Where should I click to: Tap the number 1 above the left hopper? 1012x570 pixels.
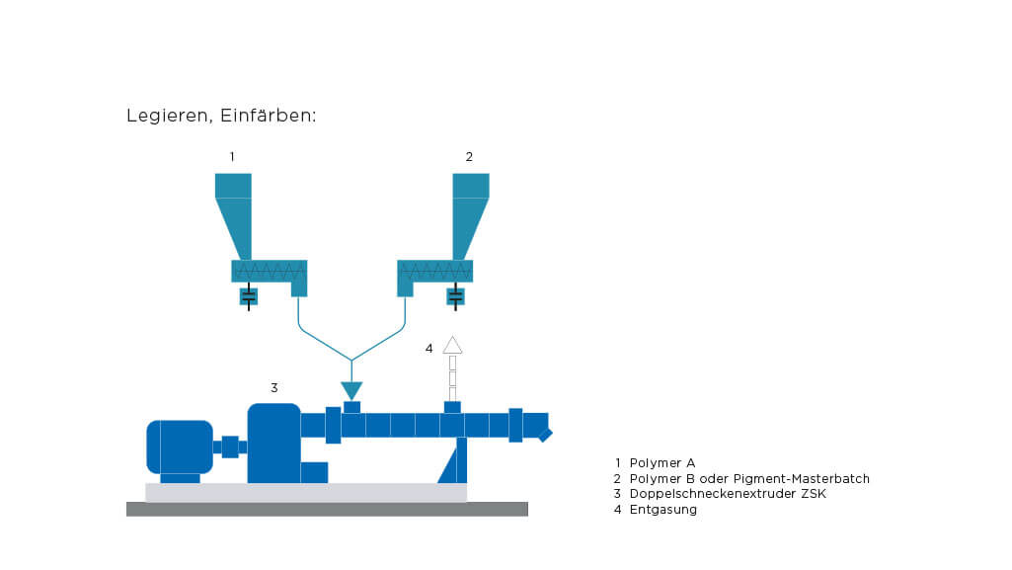pos(232,156)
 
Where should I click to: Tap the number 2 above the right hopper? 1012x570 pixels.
pos(469,156)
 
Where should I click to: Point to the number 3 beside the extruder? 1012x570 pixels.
pos(274,387)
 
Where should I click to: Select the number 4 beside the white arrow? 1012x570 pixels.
pos(428,348)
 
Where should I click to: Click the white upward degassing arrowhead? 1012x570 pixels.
pos(452,345)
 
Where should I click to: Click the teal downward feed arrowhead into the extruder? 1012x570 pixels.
pos(351,390)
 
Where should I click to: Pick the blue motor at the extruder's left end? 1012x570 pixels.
pos(179,447)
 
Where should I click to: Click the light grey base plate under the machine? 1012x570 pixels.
pos(306,492)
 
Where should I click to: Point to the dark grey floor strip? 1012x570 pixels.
pos(327,509)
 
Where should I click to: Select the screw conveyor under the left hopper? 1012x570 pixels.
pos(269,271)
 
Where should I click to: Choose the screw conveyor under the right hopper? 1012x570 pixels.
pos(434,271)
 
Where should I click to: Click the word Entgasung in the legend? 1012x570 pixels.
pos(663,509)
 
